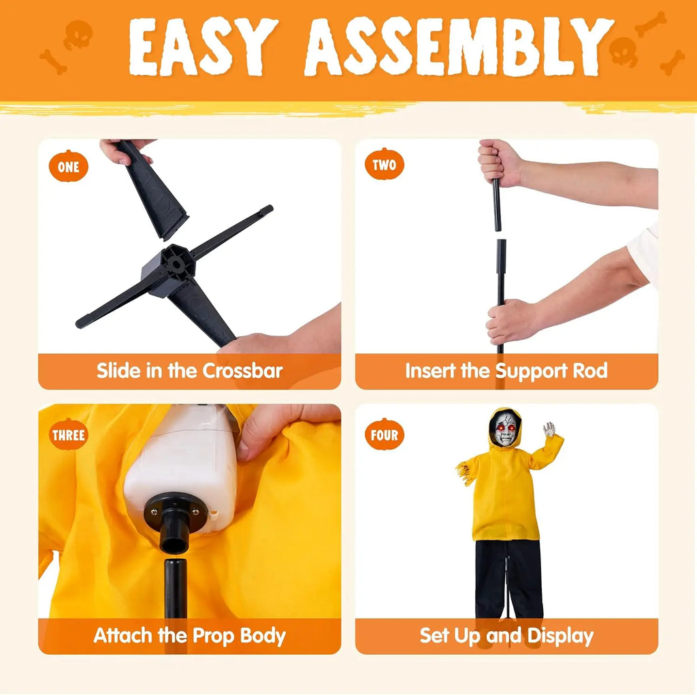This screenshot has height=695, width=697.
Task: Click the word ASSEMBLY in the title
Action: pyautogui.click(x=459, y=47)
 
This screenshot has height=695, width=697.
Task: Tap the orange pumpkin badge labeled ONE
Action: pyautogui.click(x=69, y=166)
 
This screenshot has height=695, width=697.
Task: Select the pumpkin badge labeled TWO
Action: pyautogui.click(x=385, y=164)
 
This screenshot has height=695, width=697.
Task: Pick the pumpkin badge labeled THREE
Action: pyautogui.click(x=69, y=434)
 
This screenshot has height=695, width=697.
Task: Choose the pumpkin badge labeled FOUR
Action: pyautogui.click(x=385, y=434)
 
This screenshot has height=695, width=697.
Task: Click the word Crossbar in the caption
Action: pyautogui.click(x=243, y=371)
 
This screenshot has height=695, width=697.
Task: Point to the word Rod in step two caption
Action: pyautogui.click(x=590, y=370)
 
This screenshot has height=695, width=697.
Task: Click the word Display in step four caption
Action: pyautogui.click(x=560, y=636)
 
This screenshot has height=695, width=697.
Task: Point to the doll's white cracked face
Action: pyautogui.click(x=506, y=428)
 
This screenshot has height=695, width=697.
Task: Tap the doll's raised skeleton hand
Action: pyautogui.click(x=549, y=429)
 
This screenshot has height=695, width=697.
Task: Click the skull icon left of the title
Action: pyautogui.click(x=78, y=35)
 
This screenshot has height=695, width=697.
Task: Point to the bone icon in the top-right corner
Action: pyautogui.click(x=651, y=24)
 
